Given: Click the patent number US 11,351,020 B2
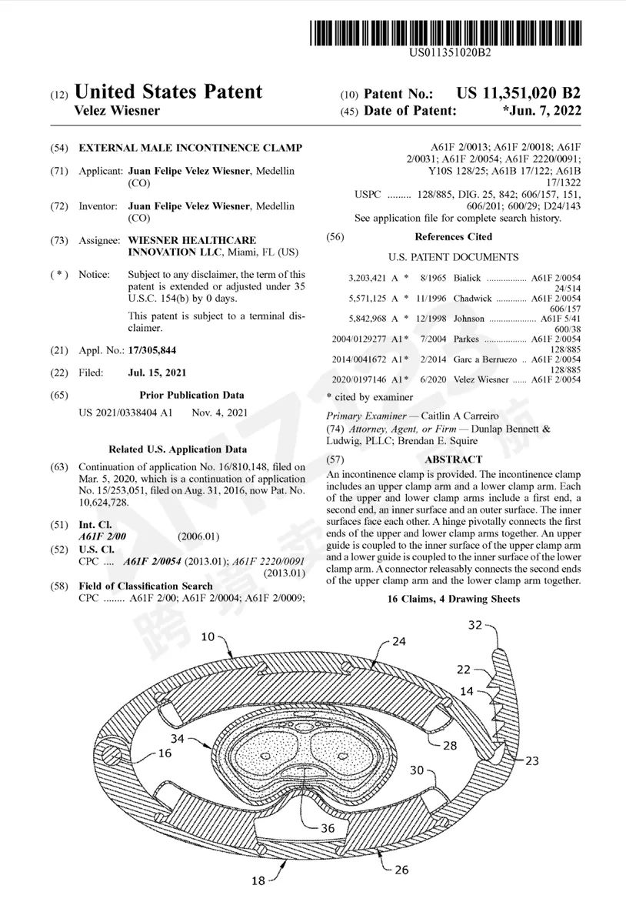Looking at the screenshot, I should [518, 94].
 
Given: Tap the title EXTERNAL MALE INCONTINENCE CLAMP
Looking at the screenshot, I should [191, 148].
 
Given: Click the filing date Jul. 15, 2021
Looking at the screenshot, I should [157, 372].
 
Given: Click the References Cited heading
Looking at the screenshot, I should [453, 236].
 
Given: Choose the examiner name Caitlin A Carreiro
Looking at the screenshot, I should [468, 416].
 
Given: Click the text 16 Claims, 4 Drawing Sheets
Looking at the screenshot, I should [453, 599].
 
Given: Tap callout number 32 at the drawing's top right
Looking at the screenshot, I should [476, 625].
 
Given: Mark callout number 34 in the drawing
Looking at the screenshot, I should [178, 739].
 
